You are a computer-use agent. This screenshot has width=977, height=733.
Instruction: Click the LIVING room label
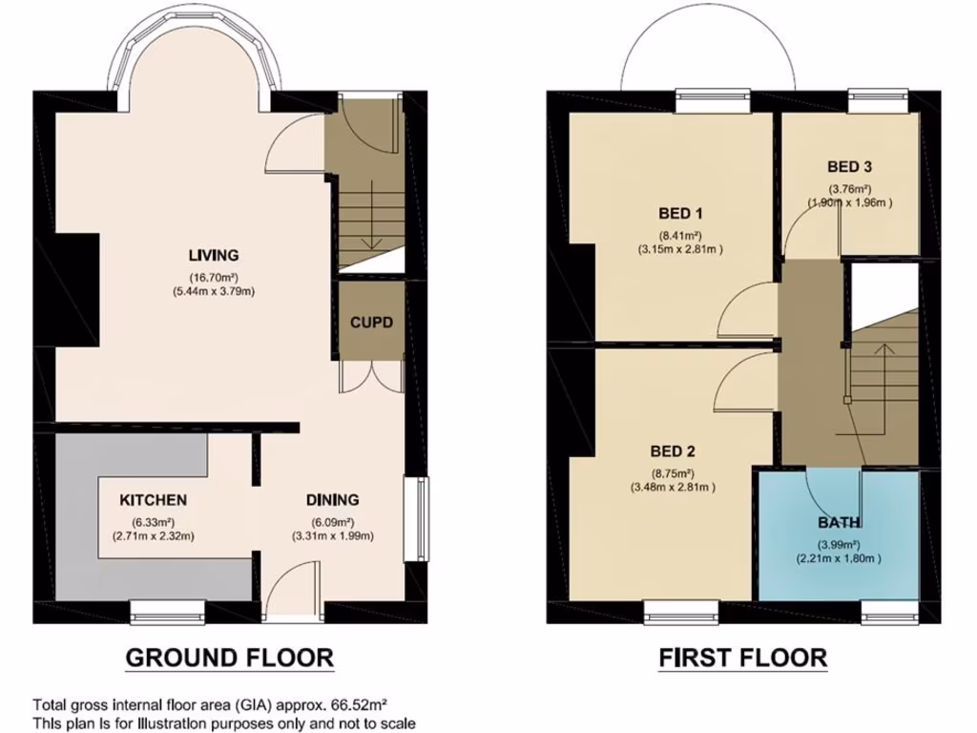(213, 255)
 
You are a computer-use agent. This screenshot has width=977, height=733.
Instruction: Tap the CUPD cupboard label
(370, 322)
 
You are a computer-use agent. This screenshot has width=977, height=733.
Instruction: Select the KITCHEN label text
(153, 500)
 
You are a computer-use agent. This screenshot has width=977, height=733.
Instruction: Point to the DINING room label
(332, 499)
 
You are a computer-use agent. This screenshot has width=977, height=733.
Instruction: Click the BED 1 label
(679, 212)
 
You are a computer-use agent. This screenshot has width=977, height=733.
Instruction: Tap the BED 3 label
(849, 166)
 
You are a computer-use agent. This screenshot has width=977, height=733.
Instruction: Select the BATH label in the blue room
(839, 522)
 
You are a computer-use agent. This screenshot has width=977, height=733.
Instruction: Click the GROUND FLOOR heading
(230, 657)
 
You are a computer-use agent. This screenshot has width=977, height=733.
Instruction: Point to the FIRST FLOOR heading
(742, 657)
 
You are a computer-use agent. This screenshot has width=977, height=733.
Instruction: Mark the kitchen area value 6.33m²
(153, 522)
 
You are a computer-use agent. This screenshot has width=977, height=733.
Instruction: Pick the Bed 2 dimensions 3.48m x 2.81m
(673, 487)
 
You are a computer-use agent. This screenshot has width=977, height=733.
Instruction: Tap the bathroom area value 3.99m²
(839, 543)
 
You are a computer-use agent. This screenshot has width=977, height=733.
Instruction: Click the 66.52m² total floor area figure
(357, 705)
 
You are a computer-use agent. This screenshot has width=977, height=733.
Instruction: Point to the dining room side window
(416, 520)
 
